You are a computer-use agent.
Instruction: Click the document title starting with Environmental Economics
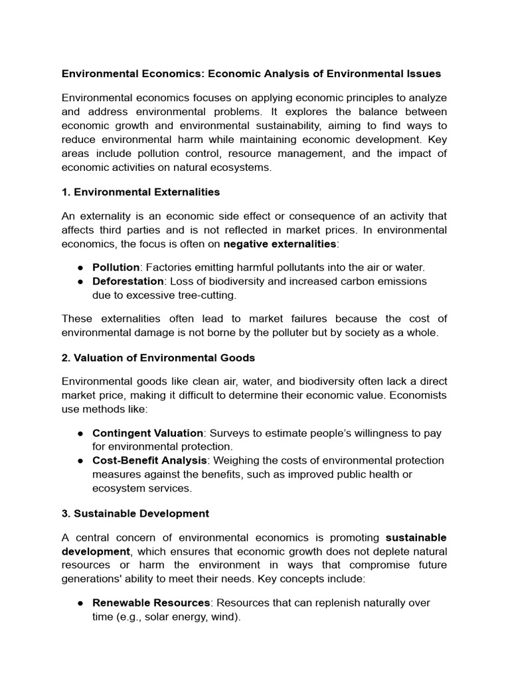click(251, 73)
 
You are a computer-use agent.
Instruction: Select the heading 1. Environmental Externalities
click(140, 192)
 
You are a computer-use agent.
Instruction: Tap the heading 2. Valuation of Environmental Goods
click(158, 358)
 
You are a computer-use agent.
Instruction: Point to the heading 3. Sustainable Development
click(135, 513)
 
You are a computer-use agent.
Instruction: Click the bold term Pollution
click(116, 267)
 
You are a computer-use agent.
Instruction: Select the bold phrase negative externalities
click(280, 244)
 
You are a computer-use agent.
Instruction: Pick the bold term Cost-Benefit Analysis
click(151, 460)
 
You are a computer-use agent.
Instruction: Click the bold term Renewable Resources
click(149, 603)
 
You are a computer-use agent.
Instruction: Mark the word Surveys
click(231, 433)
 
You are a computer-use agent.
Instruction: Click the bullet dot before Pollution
click(80, 267)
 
